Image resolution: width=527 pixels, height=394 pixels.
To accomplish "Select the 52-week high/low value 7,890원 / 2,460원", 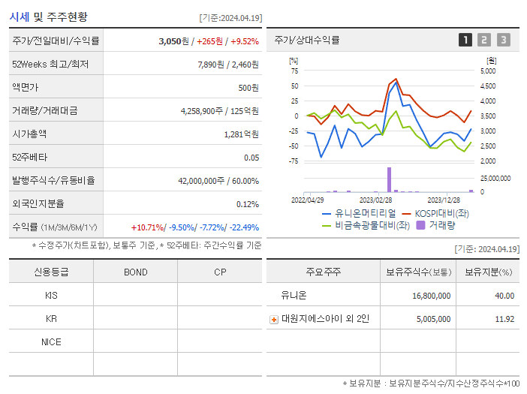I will [228, 65].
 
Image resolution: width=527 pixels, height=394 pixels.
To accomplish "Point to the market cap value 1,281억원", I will [241, 134].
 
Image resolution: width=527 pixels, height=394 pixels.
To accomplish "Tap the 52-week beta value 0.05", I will [251, 158].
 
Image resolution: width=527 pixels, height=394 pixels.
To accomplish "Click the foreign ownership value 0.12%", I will [247, 204].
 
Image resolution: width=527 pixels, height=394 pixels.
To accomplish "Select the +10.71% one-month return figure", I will [147, 227].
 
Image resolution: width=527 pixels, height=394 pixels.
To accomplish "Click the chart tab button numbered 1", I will [465, 40].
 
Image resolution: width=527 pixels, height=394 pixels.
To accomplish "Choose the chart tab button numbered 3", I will [503, 40].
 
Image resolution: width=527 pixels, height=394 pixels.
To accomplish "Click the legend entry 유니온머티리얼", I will [353, 214].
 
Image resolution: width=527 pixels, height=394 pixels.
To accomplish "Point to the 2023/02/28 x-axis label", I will [375, 200].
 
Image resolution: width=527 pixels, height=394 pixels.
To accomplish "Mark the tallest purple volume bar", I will [389, 179].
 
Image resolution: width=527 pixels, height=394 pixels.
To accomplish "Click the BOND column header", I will [136, 272].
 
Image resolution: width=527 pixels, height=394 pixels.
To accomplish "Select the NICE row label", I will [51, 341].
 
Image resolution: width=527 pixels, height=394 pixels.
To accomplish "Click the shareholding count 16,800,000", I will [431, 296].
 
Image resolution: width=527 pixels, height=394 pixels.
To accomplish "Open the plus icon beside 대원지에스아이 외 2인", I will [274, 319].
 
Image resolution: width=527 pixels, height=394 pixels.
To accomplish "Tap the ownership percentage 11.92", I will [504, 319].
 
